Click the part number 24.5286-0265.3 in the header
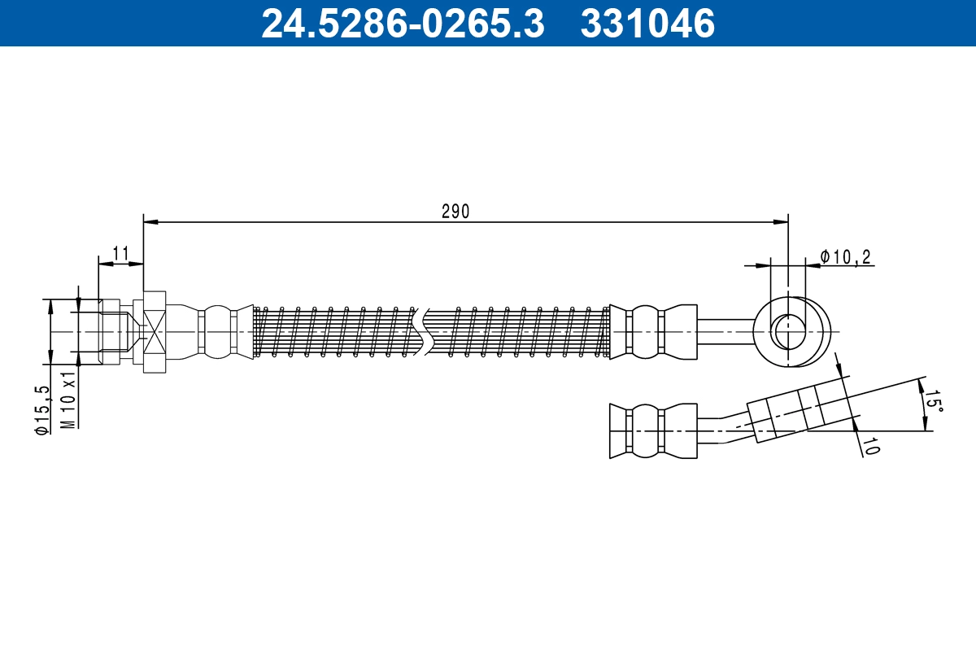click(x=402, y=23)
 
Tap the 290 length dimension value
click(x=455, y=212)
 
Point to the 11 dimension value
click(x=121, y=254)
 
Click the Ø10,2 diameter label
click(x=845, y=257)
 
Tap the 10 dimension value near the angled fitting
click(x=870, y=445)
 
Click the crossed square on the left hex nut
click(x=155, y=331)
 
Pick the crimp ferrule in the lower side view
click(x=653, y=430)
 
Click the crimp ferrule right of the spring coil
click(x=653, y=331)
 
